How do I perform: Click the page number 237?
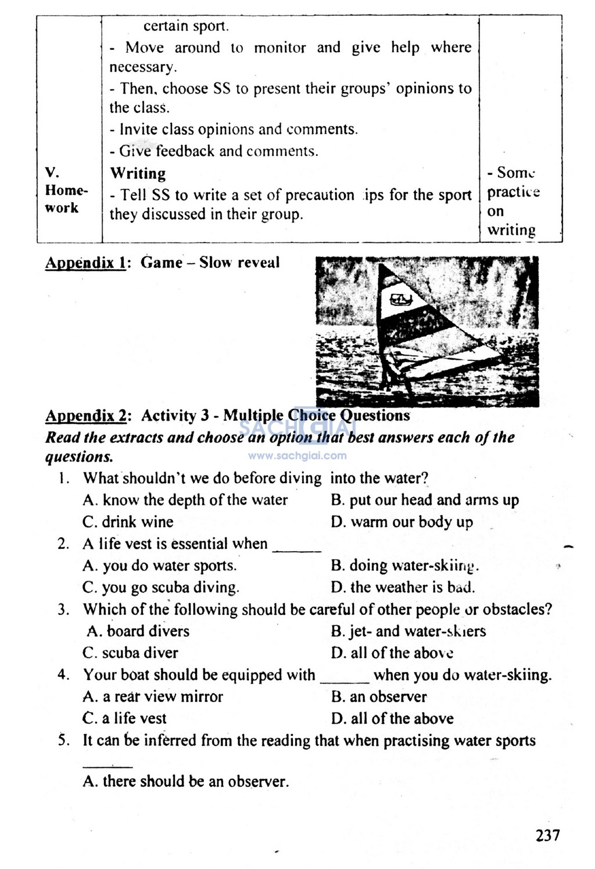547,835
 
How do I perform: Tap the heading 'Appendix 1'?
85,263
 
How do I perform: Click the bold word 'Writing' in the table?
138,173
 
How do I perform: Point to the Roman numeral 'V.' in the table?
52,172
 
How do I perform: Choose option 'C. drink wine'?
128,522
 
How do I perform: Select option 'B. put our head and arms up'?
425,500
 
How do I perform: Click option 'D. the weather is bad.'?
403,587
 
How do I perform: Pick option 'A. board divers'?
138,631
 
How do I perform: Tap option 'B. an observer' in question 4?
379,696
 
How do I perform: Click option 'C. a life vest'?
124,718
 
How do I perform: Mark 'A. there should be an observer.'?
185,781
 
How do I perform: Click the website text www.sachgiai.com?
297,456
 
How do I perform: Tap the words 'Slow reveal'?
239,263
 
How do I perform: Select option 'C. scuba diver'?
130,653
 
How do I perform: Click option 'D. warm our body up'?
402,522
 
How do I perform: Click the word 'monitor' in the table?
280,48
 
